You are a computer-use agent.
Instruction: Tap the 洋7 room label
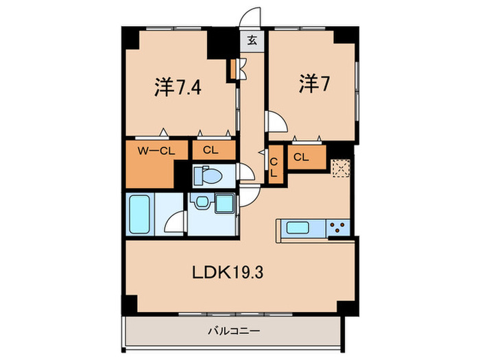pos(311,84)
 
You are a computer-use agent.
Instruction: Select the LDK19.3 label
pos(228,272)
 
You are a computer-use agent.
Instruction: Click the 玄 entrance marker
pos(252,40)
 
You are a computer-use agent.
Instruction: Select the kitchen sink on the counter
pos(299,228)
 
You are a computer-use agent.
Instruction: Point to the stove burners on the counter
pos(337,228)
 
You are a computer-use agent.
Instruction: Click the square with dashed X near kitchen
pos(339,169)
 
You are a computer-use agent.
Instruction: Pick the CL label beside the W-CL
pos(211,151)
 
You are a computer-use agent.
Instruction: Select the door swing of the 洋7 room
pos(278,122)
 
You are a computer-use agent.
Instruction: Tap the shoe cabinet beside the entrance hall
pos(234,68)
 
